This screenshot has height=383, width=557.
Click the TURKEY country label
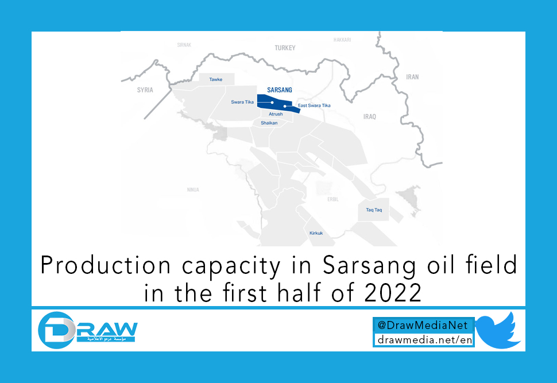[285, 48]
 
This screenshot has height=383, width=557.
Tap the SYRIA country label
[145, 90]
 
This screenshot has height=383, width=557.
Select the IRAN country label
[412, 76]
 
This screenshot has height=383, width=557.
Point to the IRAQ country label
[369, 117]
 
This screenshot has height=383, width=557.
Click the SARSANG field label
[280, 90]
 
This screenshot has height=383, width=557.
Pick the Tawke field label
[216, 79]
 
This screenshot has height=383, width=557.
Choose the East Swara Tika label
[314, 106]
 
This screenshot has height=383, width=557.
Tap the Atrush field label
[276, 114]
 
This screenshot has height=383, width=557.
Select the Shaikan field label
[269, 123]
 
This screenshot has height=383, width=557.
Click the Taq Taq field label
[374, 210]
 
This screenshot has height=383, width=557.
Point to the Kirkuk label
[316, 233]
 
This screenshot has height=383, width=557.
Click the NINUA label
[193, 189]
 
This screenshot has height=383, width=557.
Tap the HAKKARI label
[342, 40]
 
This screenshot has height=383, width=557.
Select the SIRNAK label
[184, 44]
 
